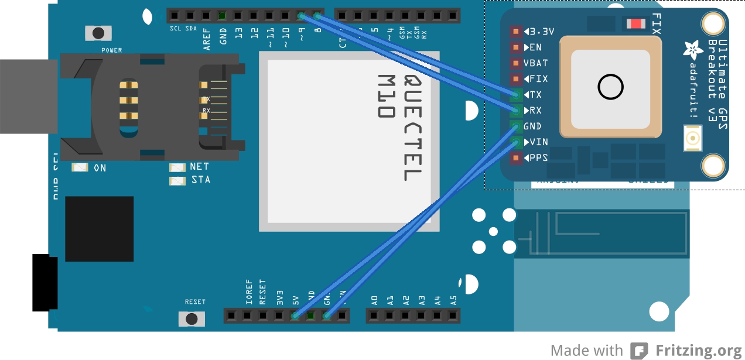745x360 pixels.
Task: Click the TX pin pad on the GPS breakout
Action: pos(516,95)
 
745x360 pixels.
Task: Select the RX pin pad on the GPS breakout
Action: pos(516,111)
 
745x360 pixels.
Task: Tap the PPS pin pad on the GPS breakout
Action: pos(516,157)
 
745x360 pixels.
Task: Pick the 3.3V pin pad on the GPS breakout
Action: pos(516,32)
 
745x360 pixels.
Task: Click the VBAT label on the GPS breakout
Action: pos(535,63)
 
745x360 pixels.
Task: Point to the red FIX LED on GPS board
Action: pos(636,23)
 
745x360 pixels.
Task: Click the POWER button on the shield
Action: pos(98,33)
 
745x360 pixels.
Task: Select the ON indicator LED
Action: pos(80,168)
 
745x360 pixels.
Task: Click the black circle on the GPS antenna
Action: pos(610,88)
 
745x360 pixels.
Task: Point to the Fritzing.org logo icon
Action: pos(639,351)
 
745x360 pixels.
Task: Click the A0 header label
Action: pos(374,301)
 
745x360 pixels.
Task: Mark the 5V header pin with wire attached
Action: pos(295,316)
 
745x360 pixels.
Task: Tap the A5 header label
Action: pos(453,301)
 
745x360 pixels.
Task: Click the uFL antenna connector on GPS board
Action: pos(693,139)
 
